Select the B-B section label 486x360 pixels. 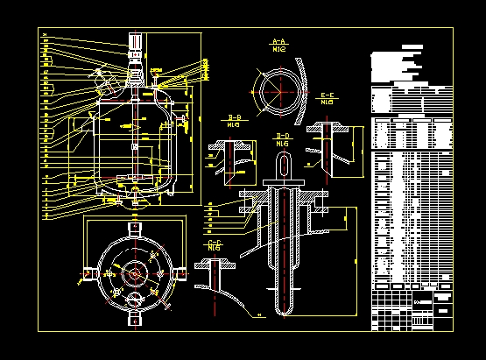coord(235,120)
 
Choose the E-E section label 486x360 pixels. coord(329,97)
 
